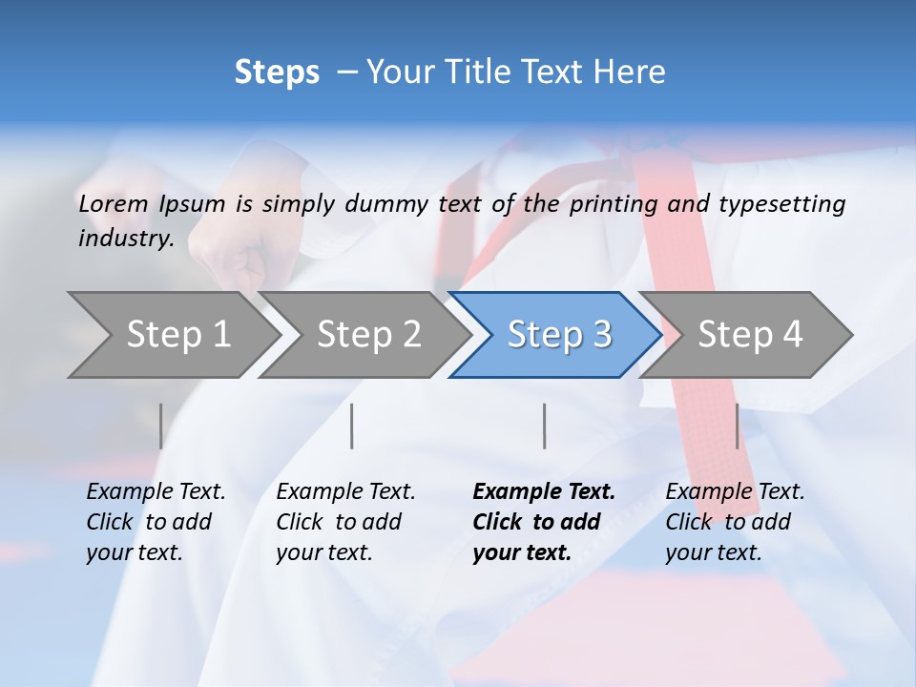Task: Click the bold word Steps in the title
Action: coord(277,73)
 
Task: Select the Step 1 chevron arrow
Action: coord(177,335)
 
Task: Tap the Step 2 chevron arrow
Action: coord(368,335)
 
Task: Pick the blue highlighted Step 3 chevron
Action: coord(559,335)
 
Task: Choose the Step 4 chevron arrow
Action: coord(750,335)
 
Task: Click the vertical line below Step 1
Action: coord(160,426)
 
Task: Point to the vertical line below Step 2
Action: coord(352,426)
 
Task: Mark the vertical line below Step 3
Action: coord(544,426)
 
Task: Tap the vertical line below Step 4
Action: coord(737,426)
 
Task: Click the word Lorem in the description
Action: coord(114,203)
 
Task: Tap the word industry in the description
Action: coord(125,238)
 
